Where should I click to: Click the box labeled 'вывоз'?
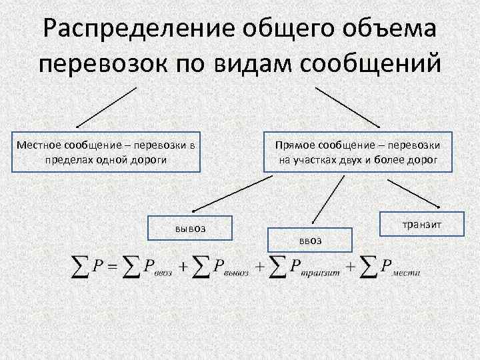tap(190, 229)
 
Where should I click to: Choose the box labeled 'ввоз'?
tap(309, 240)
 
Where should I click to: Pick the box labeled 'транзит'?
tap(421, 224)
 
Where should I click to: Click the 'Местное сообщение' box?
tap(107, 153)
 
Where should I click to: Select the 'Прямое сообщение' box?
tap(357, 153)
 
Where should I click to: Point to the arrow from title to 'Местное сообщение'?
tap(107, 106)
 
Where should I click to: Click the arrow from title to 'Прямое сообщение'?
tap(347, 106)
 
